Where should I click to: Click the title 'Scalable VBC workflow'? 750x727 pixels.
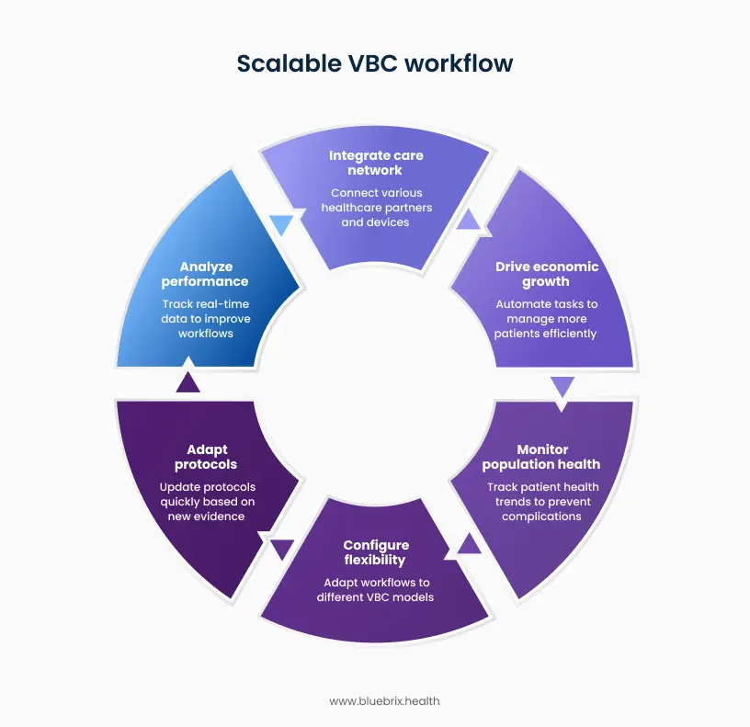[375, 63]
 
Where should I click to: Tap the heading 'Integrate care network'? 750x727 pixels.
[376, 163]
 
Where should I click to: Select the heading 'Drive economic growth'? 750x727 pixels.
[546, 274]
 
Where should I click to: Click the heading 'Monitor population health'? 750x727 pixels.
[540, 457]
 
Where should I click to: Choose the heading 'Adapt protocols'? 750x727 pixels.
[206, 457]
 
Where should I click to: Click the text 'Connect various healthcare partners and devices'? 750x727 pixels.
[376, 208]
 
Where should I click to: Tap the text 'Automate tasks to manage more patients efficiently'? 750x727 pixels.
[546, 319]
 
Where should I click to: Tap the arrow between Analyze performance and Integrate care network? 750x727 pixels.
[281, 224]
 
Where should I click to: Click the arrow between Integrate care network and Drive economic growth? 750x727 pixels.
[469, 219]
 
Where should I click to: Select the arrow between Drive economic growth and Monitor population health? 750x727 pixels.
[562, 386]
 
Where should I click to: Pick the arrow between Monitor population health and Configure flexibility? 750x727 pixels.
[469, 544]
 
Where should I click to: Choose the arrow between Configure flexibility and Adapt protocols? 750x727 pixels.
[281, 550]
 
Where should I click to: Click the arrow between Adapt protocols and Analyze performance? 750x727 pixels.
[187, 382]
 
